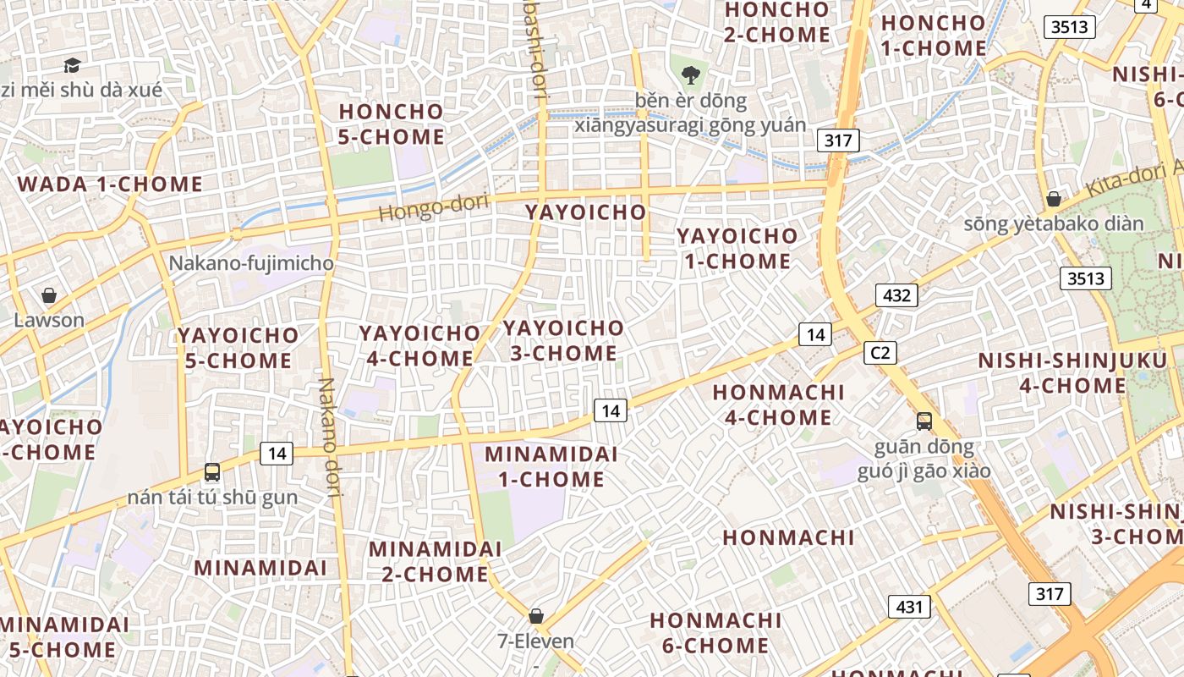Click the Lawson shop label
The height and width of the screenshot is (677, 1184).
tap(49, 320)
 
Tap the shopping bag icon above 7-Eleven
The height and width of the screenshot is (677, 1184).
tap(535, 615)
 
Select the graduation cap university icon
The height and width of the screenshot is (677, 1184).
tap(72, 65)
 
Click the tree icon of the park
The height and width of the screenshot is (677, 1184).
tap(691, 74)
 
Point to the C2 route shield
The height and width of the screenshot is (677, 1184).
tap(880, 353)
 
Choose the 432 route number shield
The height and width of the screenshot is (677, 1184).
tap(896, 295)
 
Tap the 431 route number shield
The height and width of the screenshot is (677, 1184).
tap(909, 606)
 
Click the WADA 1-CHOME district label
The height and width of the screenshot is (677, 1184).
tap(110, 184)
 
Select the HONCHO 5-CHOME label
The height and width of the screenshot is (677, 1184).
tap(391, 124)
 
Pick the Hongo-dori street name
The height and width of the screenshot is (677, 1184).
tap(422, 206)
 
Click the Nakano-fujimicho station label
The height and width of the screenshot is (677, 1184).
tap(251, 263)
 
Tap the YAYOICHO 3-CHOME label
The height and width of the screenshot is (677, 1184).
tap(563, 340)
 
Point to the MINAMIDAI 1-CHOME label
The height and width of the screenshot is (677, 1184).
tap(551, 466)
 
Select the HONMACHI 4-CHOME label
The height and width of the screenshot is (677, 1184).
tap(778, 405)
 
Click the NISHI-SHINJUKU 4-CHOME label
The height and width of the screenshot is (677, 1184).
tap(1072, 373)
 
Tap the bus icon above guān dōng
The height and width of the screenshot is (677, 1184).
tap(924, 421)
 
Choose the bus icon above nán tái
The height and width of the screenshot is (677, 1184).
tap(212, 472)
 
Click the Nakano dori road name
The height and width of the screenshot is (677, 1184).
tap(330, 436)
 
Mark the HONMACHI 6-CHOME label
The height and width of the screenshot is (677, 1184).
tap(715, 633)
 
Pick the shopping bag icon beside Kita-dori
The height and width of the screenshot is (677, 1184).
tap(1053, 199)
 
